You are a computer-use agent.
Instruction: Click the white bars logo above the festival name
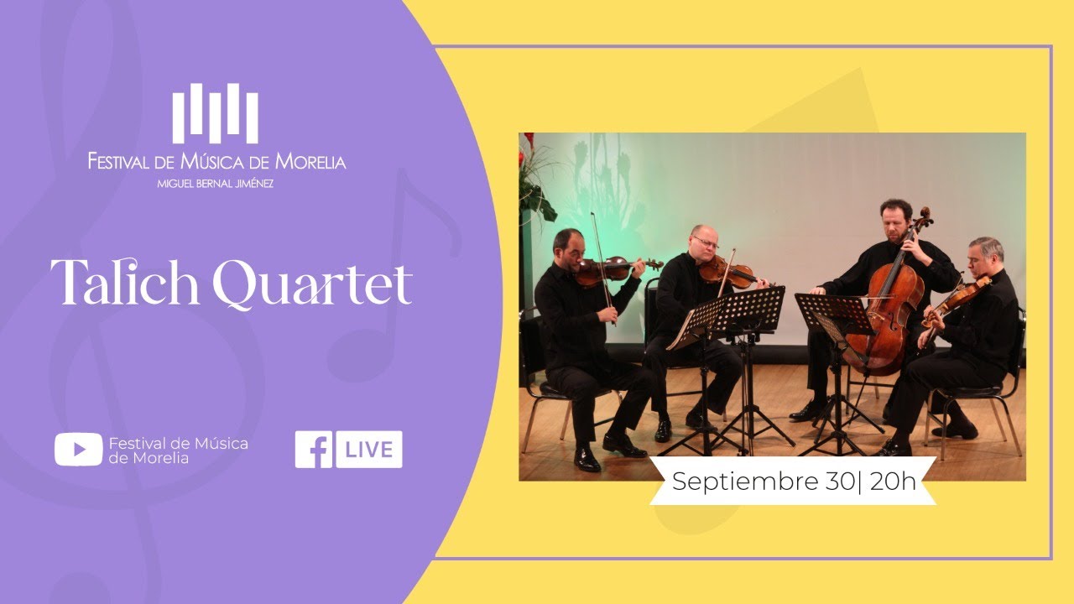(x=216, y=112)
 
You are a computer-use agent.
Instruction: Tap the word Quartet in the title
(x=312, y=285)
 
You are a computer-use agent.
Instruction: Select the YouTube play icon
(x=78, y=450)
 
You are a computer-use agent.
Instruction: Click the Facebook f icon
(x=313, y=450)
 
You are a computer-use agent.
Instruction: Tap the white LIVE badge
(x=369, y=450)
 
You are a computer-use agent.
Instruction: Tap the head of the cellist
(x=895, y=220)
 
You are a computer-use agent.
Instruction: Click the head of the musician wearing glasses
(x=704, y=242)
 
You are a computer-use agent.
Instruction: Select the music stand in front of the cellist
(x=835, y=315)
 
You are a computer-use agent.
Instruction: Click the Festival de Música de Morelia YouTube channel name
(x=179, y=450)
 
